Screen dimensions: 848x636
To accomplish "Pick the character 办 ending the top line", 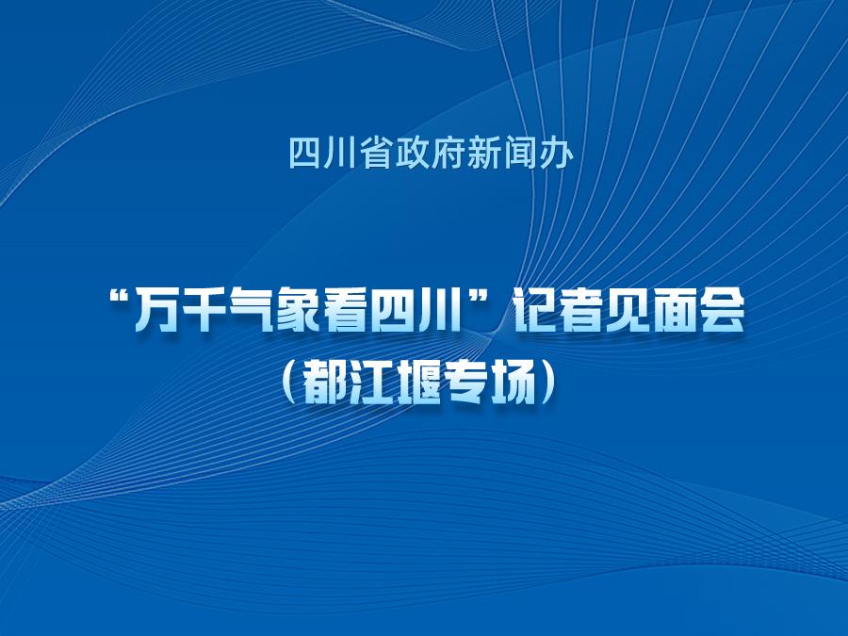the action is pyautogui.click(x=556, y=153).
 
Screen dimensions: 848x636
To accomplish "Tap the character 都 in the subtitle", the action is pyautogui.click(x=324, y=386).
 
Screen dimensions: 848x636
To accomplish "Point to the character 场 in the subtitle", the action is pyautogui.click(x=508, y=386).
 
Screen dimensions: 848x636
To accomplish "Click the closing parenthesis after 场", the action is pyautogui.click(x=547, y=386).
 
